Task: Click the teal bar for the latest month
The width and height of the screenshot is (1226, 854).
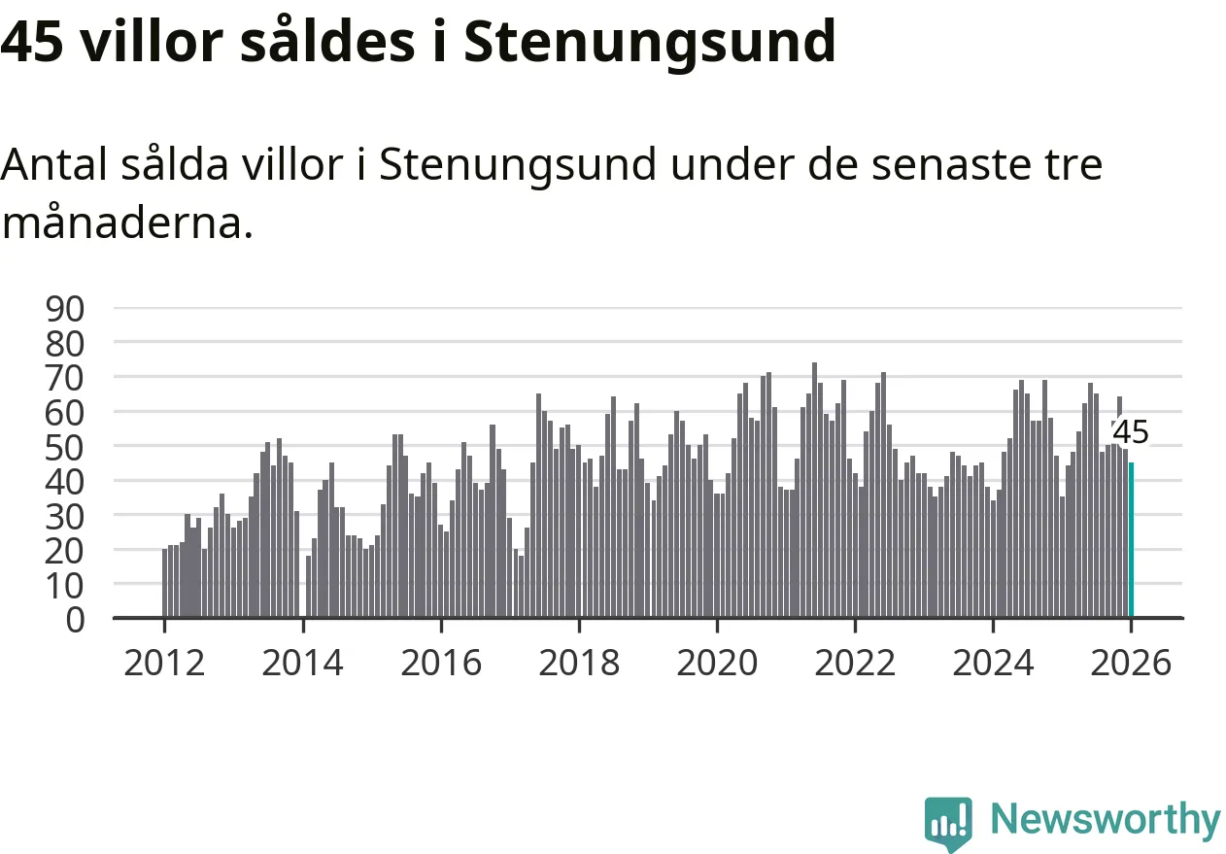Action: point(1131,539)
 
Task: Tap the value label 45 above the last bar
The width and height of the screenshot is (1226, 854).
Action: point(1131,432)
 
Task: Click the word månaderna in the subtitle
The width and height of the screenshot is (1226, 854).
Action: point(127,224)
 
